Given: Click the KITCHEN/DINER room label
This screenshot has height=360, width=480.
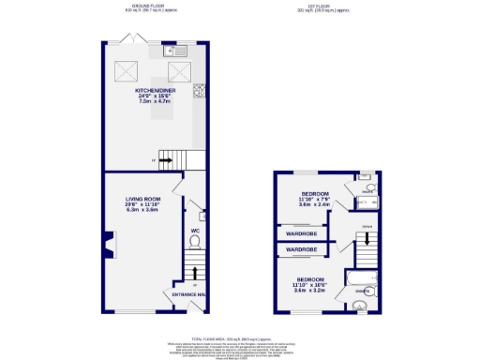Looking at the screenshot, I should [x=154, y=93].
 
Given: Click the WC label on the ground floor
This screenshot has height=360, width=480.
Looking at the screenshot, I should [x=195, y=230].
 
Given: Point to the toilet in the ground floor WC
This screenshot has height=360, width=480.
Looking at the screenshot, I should [x=195, y=241].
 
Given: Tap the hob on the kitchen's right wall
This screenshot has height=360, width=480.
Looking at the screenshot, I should [x=200, y=91].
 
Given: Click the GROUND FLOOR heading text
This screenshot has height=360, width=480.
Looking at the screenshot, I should [x=143, y=7].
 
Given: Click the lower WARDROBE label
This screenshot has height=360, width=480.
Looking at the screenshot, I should [x=302, y=250].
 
